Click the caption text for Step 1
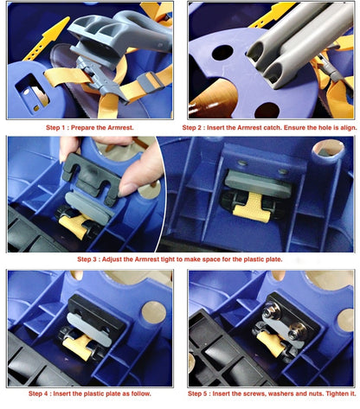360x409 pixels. pos(90,127)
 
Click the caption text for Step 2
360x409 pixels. pos(269,127)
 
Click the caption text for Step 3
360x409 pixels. pos(180,259)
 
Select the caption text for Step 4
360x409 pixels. pos(90,393)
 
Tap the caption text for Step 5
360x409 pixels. pos(272,393)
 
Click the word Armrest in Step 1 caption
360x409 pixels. pos(120,127)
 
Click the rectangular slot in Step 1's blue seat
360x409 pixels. pos(32,93)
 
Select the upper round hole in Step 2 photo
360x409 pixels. pos(222,53)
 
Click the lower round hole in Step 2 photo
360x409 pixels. pos(267,110)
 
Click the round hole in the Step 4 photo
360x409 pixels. pos(154,312)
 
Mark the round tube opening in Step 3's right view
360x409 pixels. pos(328,150)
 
